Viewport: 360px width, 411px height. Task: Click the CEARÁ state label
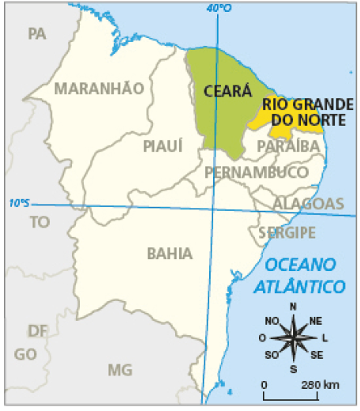coord(222,90)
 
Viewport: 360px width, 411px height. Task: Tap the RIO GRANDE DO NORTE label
coord(304,111)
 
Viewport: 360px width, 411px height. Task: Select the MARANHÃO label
coord(99,88)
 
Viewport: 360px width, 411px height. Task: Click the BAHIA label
coord(170,253)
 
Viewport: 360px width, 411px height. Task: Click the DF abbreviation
coord(37,330)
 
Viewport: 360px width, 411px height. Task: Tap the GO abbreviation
coord(25,353)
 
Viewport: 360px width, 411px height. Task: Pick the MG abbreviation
coord(120,369)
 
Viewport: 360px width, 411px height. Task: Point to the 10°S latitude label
coord(17,202)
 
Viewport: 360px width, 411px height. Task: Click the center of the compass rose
coord(294,337)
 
